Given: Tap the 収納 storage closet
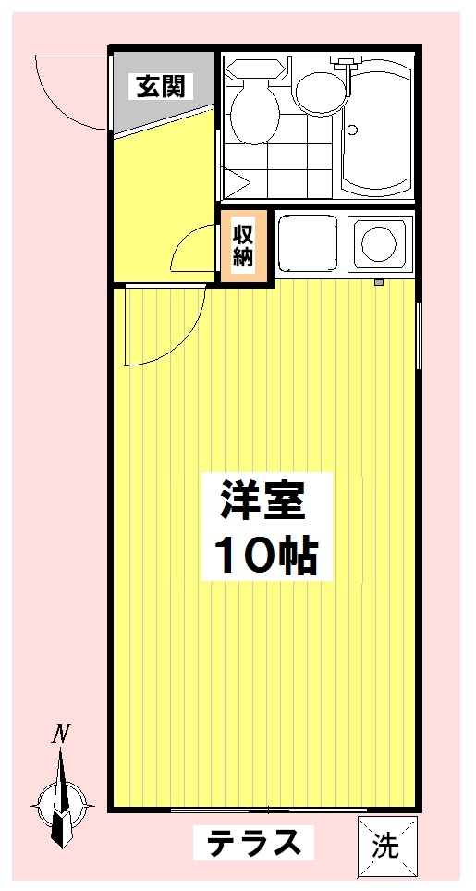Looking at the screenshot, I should click(243, 245).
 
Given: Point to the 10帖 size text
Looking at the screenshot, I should click(266, 555).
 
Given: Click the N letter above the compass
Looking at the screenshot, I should click(61, 736).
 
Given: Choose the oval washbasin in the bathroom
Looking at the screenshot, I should click(319, 90).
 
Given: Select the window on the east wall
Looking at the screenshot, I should click(420, 333).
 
